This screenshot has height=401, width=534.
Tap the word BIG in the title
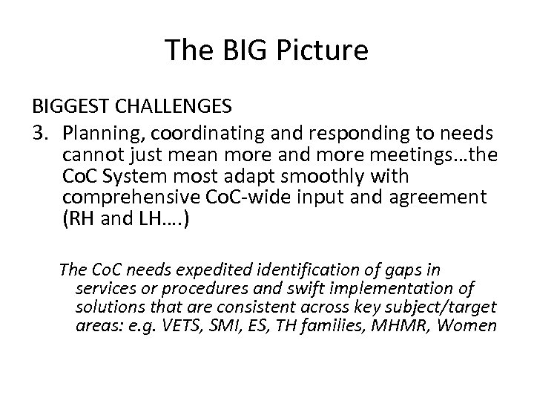tap(236, 50)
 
